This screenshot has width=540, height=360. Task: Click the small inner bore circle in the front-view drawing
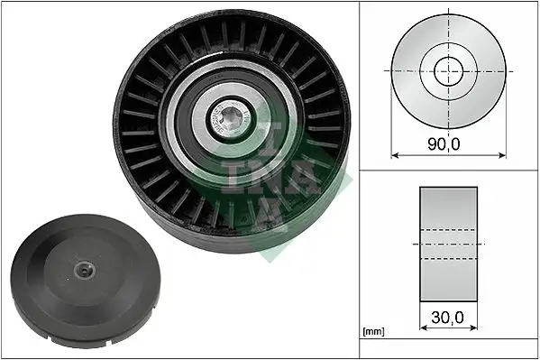point(448,69)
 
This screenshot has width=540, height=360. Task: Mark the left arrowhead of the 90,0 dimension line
point(395,154)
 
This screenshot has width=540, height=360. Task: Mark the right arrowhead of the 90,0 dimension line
point(501,154)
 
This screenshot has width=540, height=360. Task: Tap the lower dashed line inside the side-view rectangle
point(449,259)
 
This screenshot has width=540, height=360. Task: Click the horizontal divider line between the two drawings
point(449,169)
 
